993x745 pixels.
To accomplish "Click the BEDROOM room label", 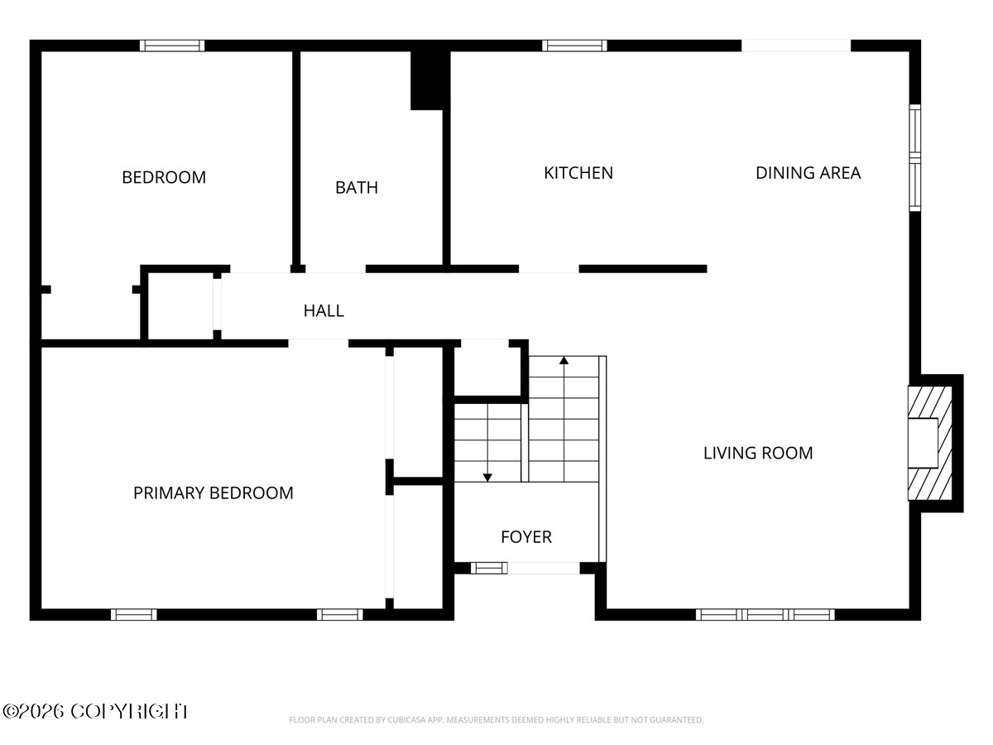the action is [x=164, y=177].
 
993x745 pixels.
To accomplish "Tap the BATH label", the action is [x=357, y=188].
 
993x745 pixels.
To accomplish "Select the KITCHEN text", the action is [x=578, y=173].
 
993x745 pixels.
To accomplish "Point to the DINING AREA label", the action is [x=808, y=173].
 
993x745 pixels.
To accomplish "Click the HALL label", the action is [x=324, y=310].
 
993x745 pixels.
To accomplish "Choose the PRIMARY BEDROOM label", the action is [x=213, y=493].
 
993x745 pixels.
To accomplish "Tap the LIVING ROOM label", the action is [x=758, y=453].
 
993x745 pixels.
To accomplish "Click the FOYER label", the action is [x=526, y=537].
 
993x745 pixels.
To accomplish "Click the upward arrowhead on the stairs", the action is [x=564, y=361].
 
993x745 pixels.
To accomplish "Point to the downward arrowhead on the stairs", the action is [x=487, y=478].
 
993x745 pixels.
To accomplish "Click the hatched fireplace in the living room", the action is [x=929, y=444].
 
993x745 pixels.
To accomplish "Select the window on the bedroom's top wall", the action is [x=172, y=46].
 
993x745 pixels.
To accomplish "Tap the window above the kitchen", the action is [x=574, y=46].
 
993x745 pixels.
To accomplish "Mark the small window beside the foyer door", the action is [x=489, y=568].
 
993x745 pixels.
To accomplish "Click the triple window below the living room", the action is [x=765, y=615].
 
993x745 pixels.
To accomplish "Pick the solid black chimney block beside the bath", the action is [x=427, y=80].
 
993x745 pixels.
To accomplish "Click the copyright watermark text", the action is [x=95, y=712].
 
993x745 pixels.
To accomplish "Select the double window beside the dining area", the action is [x=914, y=158].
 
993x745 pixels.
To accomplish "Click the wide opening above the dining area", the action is [x=796, y=46].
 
